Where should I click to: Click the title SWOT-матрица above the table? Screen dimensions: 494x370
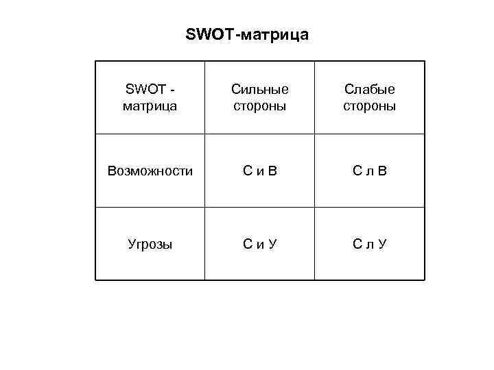pyautogui.click(x=247, y=34)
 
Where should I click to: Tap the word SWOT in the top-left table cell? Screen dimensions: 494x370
pyautogui.click(x=143, y=89)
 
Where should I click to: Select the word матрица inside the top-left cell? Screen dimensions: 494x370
pyautogui.click(x=150, y=107)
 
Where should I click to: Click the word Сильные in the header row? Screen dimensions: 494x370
pyautogui.click(x=259, y=89)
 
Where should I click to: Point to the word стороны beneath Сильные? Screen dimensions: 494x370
pyautogui.click(x=259, y=107)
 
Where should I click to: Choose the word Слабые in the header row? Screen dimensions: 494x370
pyautogui.click(x=369, y=89)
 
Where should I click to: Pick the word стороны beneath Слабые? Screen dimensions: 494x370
pyautogui.click(x=369, y=107)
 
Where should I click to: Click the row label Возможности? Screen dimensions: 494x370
pyautogui.click(x=150, y=171)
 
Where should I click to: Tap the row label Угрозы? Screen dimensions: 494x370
pyautogui.click(x=150, y=244)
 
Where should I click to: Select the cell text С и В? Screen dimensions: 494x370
pyautogui.click(x=259, y=171)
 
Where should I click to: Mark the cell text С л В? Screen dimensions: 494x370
pyautogui.click(x=369, y=171)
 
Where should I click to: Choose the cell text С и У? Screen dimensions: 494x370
pyautogui.click(x=259, y=244)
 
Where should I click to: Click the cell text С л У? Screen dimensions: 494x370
pyautogui.click(x=369, y=244)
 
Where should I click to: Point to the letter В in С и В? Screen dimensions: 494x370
pyautogui.click(x=272, y=171)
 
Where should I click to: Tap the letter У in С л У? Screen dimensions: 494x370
pyautogui.click(x=382, y=244)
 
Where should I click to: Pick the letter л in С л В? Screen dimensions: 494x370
pyautogui.click(x=370, y=172)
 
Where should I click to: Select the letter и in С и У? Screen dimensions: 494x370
pyautogui.click(x=260, y=245)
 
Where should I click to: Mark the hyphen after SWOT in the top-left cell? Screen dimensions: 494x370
pyautogui.click(x=171, y=90)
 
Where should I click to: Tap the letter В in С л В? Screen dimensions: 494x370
pyautogui.click(x=382, y=171)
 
